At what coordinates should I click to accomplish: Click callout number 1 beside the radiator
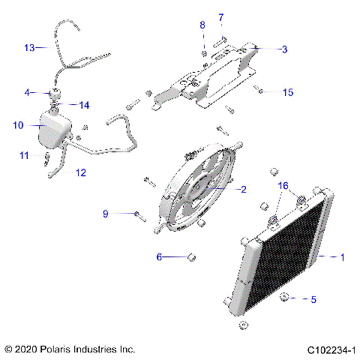point(342,257)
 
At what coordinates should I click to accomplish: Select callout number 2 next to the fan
point(242,190)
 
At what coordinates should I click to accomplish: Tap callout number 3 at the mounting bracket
point(284,49)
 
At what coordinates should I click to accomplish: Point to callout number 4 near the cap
point(28,93)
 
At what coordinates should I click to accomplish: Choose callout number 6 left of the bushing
point(159,257)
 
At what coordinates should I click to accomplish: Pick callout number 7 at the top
point(220,17)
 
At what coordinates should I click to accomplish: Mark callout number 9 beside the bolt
point(106,214)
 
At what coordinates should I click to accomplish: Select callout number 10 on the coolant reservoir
point(18,125)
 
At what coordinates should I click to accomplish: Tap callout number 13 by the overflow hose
point(29,47)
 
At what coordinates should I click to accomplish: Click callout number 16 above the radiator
point(283,184)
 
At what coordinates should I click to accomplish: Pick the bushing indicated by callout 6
point(192,257)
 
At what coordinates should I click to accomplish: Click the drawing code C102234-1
point(330,349)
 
